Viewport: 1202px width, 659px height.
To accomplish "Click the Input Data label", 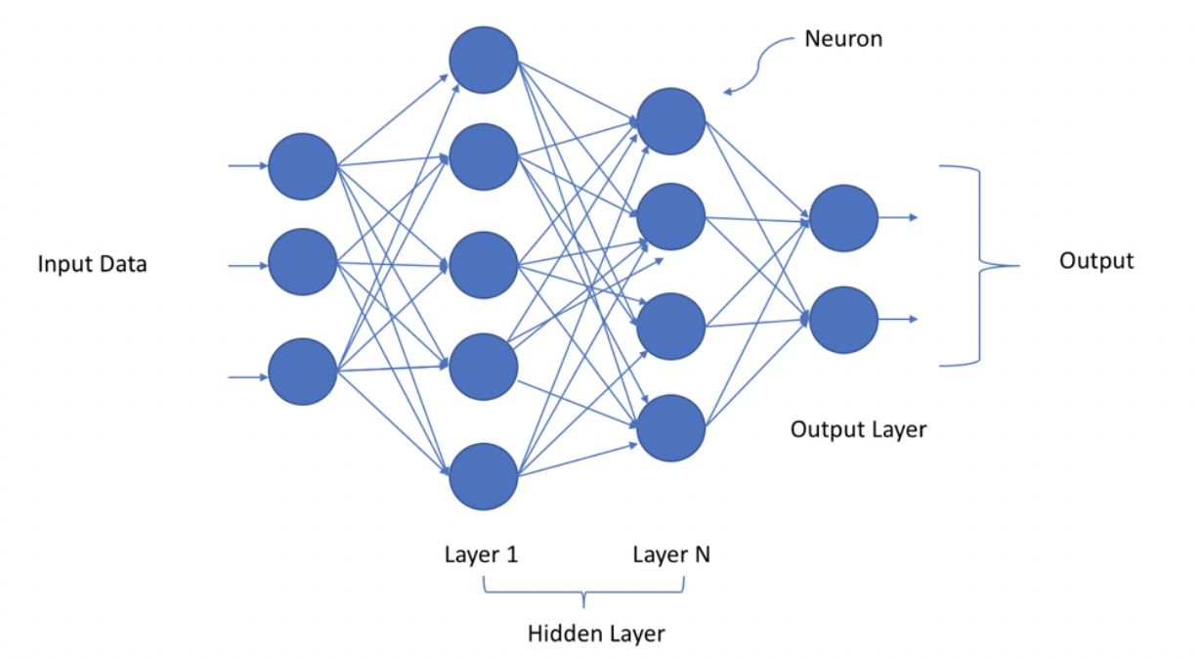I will pyautogui.click(x=92, y=264).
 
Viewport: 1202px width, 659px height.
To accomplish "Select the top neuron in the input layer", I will pyautogui.click(x=302, y=165).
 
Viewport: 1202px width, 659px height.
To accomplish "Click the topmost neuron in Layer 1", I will pyautogui.click(x=483, y=61).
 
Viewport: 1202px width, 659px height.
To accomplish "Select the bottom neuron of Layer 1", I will pyautogui.click(x=483, y=475).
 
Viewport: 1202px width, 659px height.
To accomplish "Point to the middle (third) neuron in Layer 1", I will pyautogui.click(x=483, y=264).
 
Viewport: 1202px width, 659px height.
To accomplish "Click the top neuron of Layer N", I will pyautogui.click(x=670, y=121).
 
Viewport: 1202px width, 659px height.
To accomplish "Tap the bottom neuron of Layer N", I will pyautogui.click(x=670, y=425).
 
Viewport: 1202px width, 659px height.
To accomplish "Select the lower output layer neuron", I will pyautogui.click(x=843, y=319).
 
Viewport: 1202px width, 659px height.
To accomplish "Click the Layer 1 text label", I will pyautogui.click(x=481, y=554).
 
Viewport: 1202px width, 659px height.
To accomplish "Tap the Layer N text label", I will pyautogui.click(x=671, y=554).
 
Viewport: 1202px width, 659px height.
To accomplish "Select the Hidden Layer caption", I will pyautogui.click(x=596, y=634).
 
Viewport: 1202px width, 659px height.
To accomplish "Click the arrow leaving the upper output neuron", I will pyautogui.click(x=897, y=216).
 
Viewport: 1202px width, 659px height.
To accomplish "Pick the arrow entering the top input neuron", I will pyautogui.click(x=247, y=165).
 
